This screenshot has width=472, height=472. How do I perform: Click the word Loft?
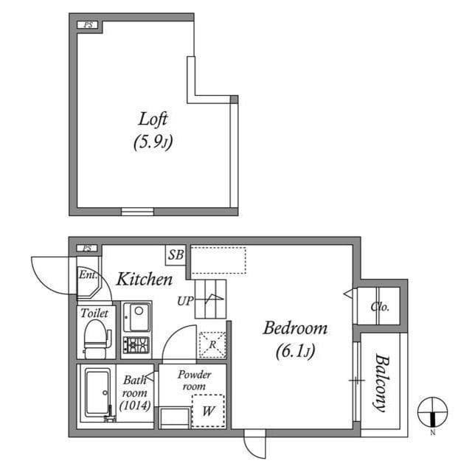tap(153, 118)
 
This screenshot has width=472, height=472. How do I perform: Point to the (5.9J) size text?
tap(153, 142)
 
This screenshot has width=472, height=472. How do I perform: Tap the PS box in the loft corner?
tap(89, 25)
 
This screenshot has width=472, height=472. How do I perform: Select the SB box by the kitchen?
tap(175, 255)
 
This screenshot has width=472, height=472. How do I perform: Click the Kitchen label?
tap(145, 280)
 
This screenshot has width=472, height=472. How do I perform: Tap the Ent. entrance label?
tap(88, 277)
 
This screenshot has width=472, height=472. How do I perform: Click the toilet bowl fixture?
tap(94, 340)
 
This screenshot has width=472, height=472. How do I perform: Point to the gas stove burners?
tap(136, 344)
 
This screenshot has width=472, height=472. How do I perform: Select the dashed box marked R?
tap(212, 344)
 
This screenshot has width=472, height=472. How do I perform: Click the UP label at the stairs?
tap(184, 301)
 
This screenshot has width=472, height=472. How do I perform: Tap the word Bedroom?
tap(295, 328)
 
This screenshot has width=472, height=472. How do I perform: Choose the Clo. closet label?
tap(380, 307)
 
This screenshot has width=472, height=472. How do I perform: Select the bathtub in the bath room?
tap(97, 393)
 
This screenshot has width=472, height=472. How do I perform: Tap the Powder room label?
tap(195, 381)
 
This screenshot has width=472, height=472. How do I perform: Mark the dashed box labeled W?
tap(208, 412)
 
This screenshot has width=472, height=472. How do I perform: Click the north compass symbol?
tap(432, 412)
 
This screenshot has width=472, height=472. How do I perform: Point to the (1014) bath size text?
tap(134, 406)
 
